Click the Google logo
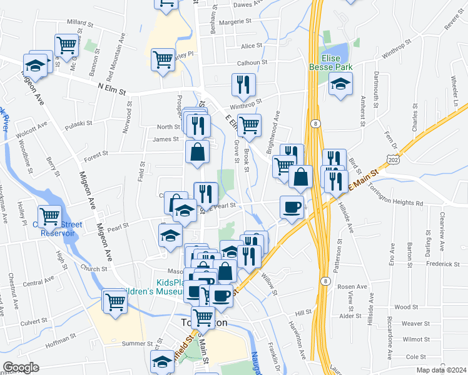(x=21, y=367)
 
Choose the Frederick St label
(x=425, y=264)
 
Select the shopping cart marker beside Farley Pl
(x=163, y=59)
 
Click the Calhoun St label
(x=252, y=62)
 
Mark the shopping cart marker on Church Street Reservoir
(x=49, y=216)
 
